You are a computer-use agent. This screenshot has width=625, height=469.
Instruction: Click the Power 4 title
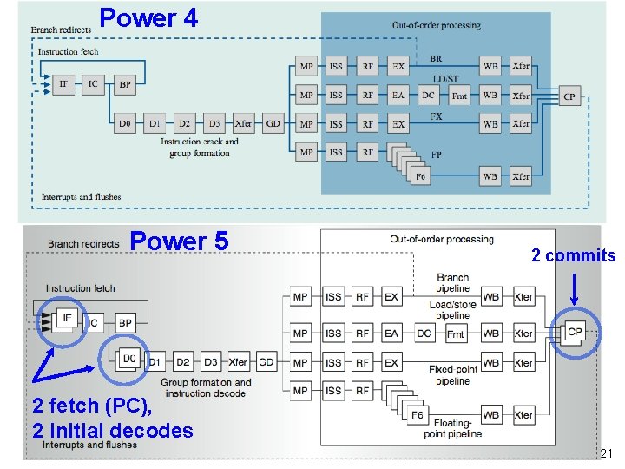[148, 17]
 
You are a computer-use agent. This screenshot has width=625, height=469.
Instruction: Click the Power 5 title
[179, 241]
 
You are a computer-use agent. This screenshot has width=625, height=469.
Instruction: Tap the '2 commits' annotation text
[573, 255]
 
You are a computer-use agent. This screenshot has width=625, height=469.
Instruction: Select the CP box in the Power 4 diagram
[569, 96]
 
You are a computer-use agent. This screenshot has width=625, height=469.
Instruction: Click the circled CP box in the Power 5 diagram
[574, 331]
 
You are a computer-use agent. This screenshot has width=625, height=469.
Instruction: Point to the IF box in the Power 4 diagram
[63, 84]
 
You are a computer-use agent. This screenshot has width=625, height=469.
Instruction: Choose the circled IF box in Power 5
[66, 319]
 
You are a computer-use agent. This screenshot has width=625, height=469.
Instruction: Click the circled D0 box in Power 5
[129, 359]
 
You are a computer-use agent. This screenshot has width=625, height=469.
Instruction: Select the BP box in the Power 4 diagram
[124, 84]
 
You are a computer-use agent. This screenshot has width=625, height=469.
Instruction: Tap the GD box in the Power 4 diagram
[273, 124]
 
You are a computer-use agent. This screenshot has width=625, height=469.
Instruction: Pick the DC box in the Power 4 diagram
[428, 96]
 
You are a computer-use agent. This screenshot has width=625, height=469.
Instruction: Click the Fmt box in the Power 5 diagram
[455, 334]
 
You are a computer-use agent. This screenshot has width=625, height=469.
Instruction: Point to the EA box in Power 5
[391, 334]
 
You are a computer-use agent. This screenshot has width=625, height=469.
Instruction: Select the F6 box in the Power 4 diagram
[421, 177]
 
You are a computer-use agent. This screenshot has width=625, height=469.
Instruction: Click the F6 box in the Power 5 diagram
[418, 415]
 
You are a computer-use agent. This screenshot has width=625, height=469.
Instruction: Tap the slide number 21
[607, 454]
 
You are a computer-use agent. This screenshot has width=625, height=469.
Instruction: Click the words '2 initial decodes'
[112, 431]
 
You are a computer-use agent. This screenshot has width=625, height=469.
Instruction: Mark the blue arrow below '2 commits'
[574, 286]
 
